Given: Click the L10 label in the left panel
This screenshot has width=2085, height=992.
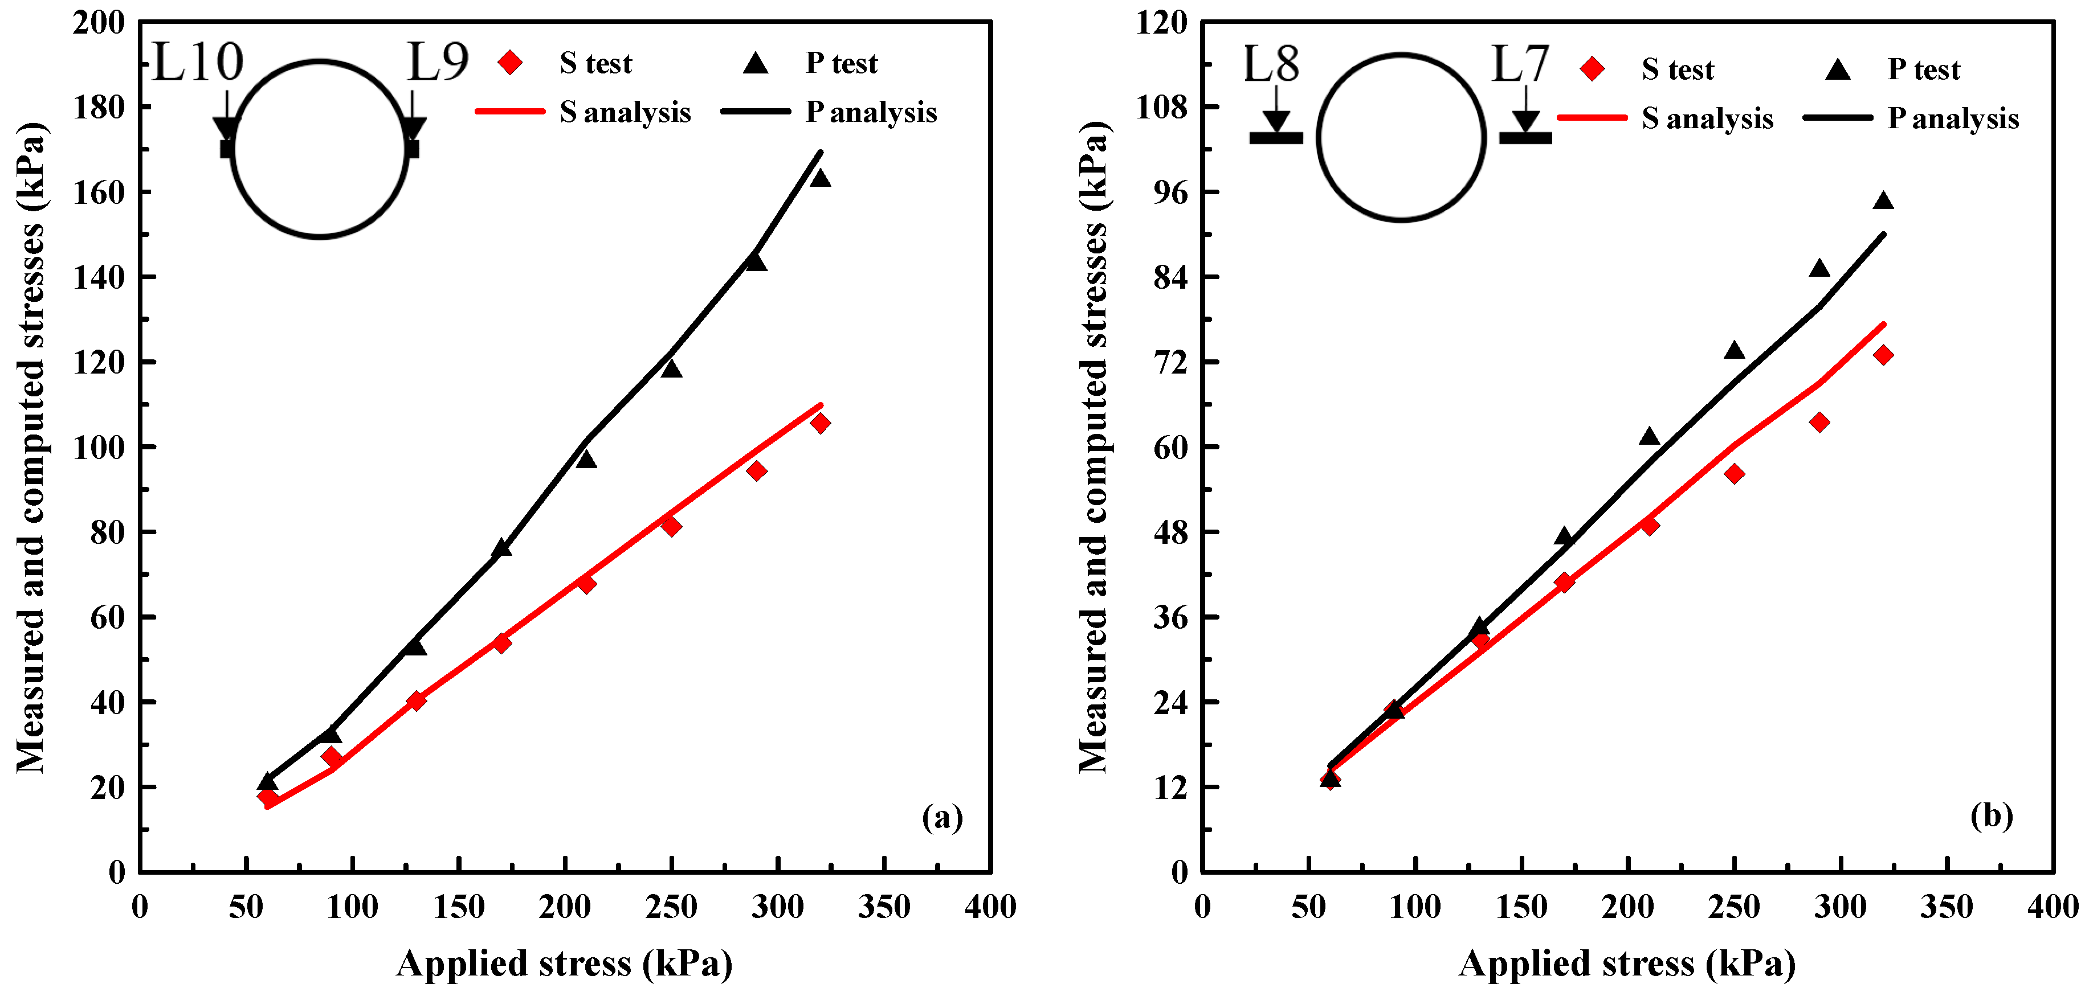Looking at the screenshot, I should pyautogui.click(x=198, y=62).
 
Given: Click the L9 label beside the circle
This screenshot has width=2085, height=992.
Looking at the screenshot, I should pyautogui.click(x=438, y=62).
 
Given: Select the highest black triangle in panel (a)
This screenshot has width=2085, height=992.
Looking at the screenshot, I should pyautogui.click(x=820, y=177).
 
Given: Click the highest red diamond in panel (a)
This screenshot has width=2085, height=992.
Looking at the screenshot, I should pyautogui.click(x=820, y=423).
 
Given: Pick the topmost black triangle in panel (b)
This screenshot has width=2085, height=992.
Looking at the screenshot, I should pyautogui.click(x=1883, y=200).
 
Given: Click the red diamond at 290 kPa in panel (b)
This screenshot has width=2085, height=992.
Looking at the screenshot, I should pyautogui.click(x=1819, y=421).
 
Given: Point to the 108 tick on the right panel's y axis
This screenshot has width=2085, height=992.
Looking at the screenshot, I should pyautogui.click(x=1161, y=107).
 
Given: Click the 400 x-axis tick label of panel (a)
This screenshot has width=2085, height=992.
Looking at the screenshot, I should pyautogui.click(x=990, y=906).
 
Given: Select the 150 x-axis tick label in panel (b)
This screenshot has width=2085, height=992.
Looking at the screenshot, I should pyautogui.click(x=1521, y=906).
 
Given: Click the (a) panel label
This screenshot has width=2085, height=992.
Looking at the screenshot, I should pyautogui.click(x=942, y=817).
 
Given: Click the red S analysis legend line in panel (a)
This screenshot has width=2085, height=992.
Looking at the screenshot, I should pyautogui.click(x=510, y=111).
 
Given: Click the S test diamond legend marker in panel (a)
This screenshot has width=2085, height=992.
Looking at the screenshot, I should pyautogui.click(x=510, y=62).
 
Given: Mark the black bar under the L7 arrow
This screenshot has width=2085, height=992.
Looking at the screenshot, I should pyautogui.click(x=1525, y=138).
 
